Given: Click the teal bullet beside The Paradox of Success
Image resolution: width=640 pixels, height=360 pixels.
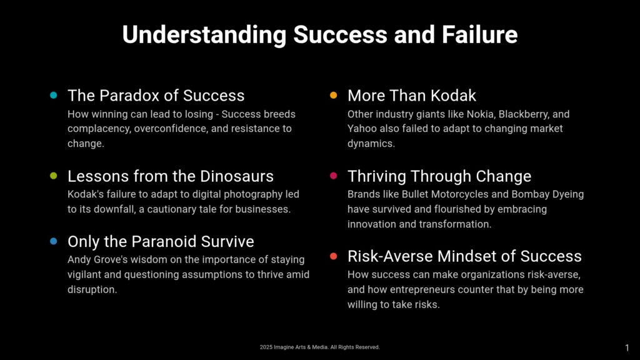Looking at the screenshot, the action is (54, 95).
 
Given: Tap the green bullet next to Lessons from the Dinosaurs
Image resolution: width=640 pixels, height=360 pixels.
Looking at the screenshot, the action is (54, 176).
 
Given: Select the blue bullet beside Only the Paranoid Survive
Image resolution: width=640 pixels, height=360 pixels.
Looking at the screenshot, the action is (54, 241).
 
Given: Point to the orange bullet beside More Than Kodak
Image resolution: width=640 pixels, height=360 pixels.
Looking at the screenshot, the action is (334, 95).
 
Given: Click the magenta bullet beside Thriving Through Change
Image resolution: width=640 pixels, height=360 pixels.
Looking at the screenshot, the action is (334, 176).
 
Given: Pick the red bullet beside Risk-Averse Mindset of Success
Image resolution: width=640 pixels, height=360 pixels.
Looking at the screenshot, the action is (334, 256).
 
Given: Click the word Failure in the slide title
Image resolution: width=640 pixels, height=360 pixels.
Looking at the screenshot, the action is (479, 34).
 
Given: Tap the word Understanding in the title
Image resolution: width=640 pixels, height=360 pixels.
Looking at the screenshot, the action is (204, 35).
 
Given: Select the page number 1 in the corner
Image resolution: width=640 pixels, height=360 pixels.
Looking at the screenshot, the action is (627, 347).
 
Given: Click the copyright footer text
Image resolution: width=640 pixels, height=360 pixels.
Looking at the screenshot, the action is (319, 347).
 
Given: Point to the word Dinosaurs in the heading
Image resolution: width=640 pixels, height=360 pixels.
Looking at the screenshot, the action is (237, 176).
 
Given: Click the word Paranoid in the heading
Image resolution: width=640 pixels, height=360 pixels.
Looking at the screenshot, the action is (164, 242).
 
